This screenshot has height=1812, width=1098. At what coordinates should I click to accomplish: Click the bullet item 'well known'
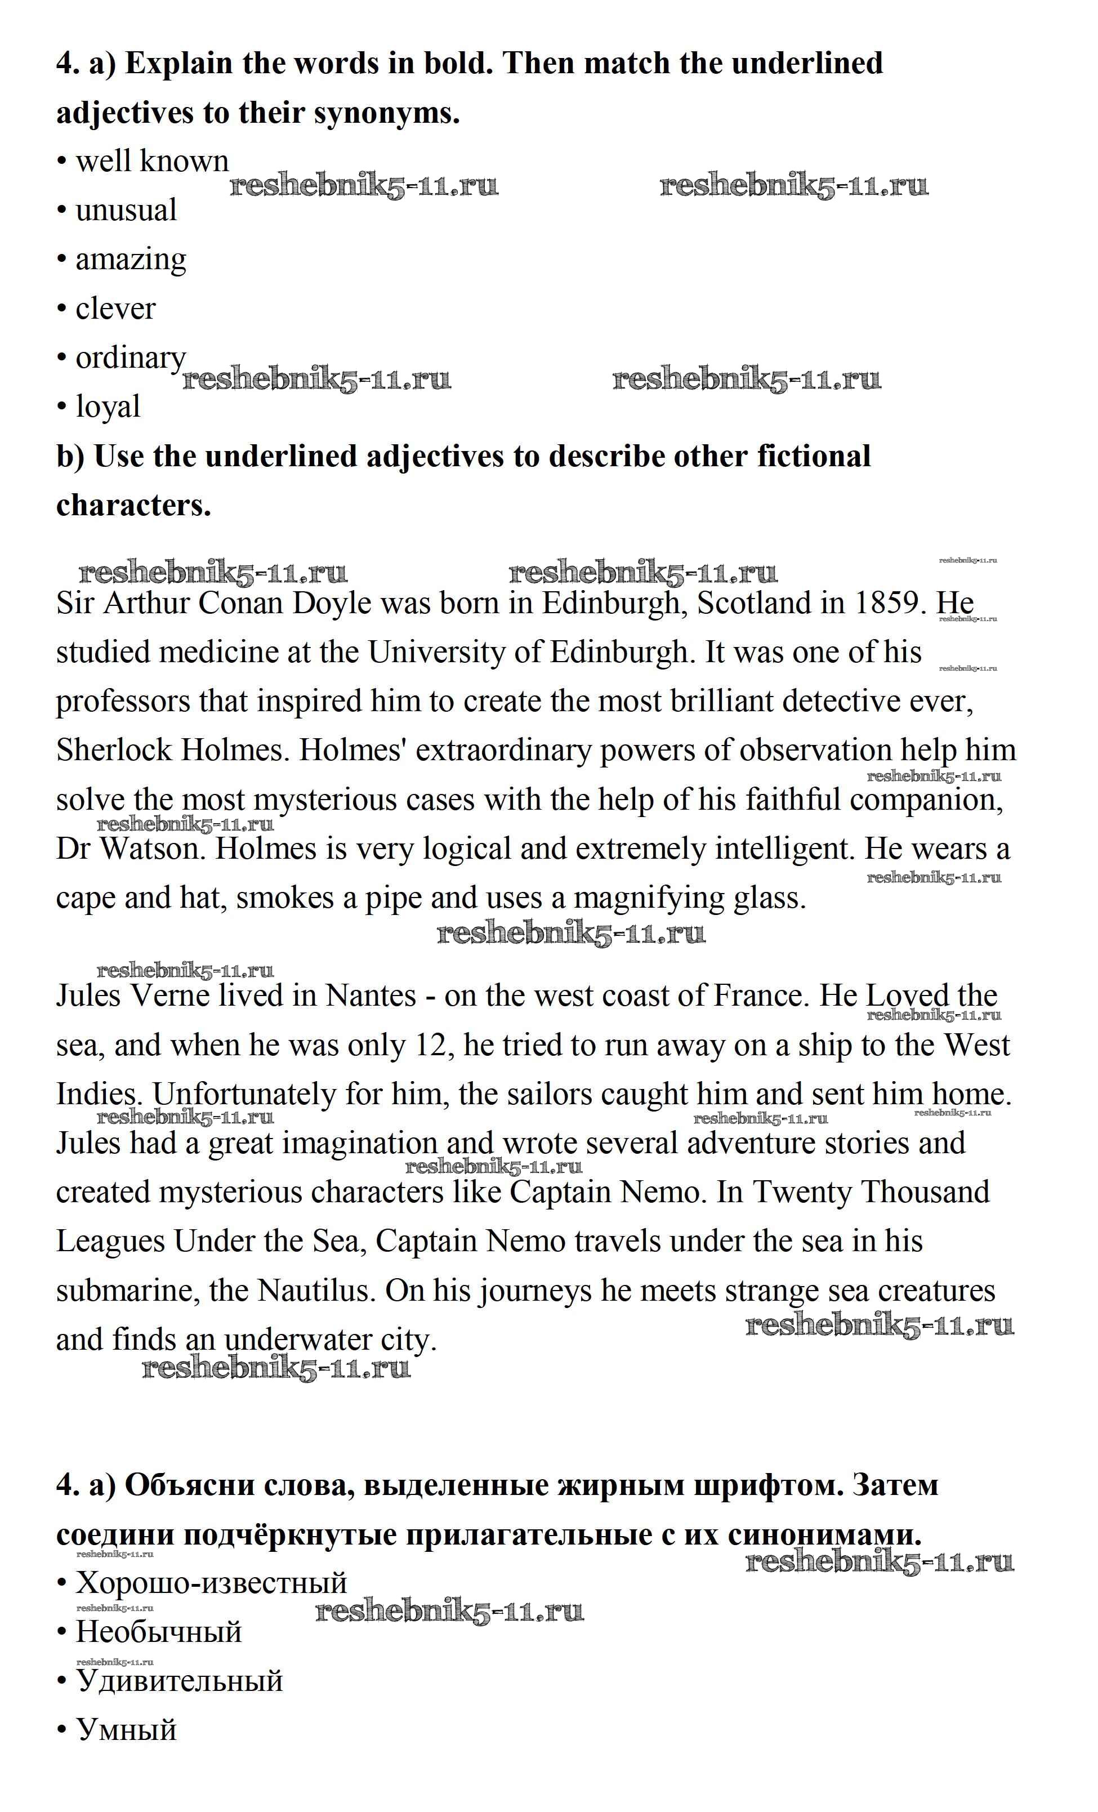(151, 161)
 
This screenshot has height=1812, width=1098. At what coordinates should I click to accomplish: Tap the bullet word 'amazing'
(131, 260)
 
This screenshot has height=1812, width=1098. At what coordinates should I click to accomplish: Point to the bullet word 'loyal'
(108, 407)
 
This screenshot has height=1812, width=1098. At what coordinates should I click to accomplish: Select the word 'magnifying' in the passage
(648, 898)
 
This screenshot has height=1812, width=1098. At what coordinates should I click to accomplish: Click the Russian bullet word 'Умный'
(127, 1729)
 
